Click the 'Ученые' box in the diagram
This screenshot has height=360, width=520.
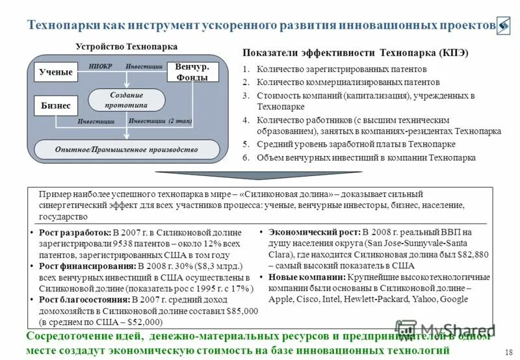coord(56,72)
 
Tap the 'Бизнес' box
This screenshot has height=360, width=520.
coord(56,105)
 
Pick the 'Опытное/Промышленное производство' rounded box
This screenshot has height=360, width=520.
coord(126,149)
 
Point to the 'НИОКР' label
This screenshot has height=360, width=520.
coord(101,66)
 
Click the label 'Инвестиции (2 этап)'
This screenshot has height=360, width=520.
coord(161,121)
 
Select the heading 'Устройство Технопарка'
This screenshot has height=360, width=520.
coord(126,47)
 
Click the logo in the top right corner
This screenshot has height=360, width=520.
coord(504,25)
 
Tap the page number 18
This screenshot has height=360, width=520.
coord(508,352)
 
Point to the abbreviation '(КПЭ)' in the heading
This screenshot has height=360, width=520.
coord(454,53)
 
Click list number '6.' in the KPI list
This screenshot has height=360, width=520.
coord(246,157)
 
